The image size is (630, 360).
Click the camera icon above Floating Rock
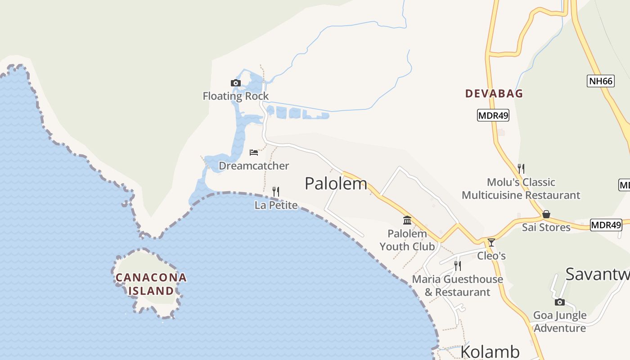(x=235, y=83)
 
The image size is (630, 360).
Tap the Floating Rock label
(x=235, y=96)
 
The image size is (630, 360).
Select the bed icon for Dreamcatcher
(x=254, y=153)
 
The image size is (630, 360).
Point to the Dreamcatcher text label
(x=254, y=166)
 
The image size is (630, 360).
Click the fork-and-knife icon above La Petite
(x=276, y=192)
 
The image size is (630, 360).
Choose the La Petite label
(x=276, y=205)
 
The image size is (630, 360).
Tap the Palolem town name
(x=336, y=184)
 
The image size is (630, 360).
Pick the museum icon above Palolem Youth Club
(x=407, y=220)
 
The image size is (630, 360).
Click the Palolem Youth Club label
(x=407, y=240)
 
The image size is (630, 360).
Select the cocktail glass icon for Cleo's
(x=491, y=243)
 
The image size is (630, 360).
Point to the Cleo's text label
(x=491, y=256)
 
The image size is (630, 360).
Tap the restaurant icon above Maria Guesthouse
(x=457, y=265)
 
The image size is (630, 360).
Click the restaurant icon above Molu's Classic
(x=521, y=169)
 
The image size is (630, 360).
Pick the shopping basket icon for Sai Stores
(x=546, y=214)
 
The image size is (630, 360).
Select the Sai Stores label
(x=546, y=227)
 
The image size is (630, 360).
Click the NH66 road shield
(x=601, y=81)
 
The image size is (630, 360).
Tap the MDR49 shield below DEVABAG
(x=493, y=115)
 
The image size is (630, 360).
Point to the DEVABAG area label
(x=494, y=94)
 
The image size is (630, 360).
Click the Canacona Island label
(x=151, y=284)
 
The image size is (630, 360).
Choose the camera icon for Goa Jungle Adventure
(x=560, y=302)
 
